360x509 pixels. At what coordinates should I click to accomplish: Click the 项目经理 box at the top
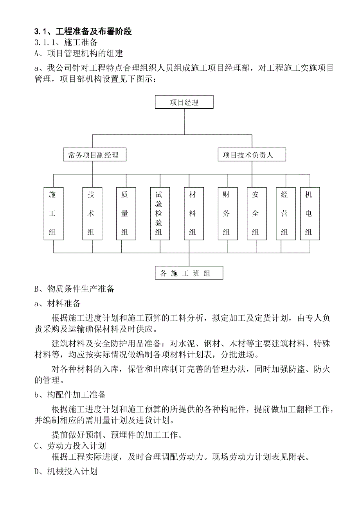tap(184, 103)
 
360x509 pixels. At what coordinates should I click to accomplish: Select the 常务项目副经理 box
tap(93, 155)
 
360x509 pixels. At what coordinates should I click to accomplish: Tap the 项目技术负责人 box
tap(252, 155)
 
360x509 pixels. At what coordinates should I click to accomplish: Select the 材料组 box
tap(193, 213)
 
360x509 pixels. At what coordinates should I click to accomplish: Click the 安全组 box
tap(256, 213)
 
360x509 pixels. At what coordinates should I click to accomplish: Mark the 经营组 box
tap(285, 213)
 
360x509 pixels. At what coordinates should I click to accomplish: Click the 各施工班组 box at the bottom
tap(189, 273)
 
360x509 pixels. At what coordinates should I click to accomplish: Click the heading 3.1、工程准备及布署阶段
tap(83, 32)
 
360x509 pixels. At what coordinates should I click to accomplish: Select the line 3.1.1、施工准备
tap(66, 42)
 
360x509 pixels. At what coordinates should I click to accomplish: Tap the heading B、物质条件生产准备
tap(74, 289)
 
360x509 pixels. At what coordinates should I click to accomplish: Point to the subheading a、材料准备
tap(58, 303)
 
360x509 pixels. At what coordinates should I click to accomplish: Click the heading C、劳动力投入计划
tap(70, 446)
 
